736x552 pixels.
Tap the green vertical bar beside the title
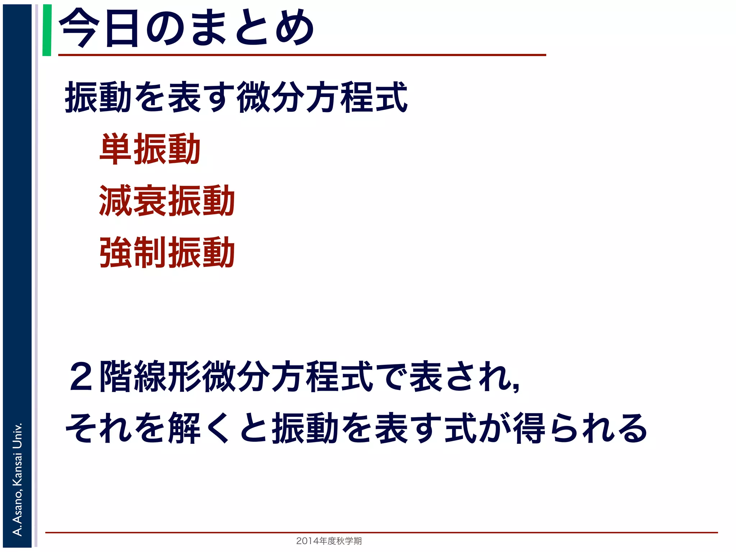(47, 30)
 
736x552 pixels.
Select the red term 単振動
(150, 149)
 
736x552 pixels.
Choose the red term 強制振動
(167, 252)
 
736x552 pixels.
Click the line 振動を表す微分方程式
(236, 97)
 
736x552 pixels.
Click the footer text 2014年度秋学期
(329, 541)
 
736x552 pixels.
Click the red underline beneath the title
(302, 55)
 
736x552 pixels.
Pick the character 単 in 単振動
(115, 149)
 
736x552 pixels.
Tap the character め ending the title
(295, 28)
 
